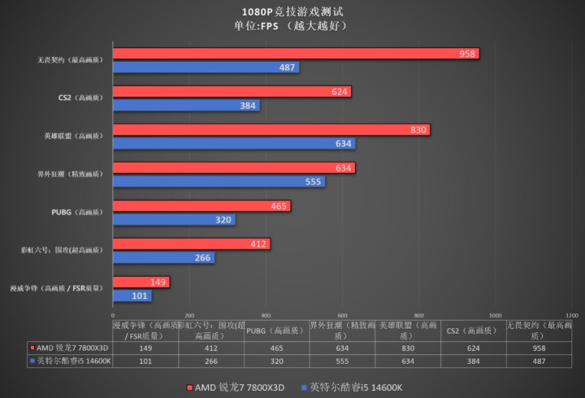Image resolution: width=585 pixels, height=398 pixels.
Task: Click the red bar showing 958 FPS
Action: tap(296, 54)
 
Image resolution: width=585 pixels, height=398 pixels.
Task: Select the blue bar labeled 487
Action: tap(206, 67)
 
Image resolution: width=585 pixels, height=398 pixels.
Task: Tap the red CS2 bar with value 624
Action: tap(232, 92)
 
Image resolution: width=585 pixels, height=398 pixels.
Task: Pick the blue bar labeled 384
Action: tap(186, 106)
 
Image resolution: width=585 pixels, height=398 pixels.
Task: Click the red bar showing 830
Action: tap(271, 130)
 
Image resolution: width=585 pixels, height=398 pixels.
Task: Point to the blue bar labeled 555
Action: tap(219, 182)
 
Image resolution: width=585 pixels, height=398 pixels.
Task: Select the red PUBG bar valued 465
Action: tap(201, 206)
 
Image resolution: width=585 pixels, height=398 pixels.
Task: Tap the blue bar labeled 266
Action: tap(163, 258)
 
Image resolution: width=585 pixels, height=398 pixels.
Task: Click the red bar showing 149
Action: tap(141, 282)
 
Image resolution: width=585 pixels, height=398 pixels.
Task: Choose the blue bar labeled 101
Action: tap(132, 296)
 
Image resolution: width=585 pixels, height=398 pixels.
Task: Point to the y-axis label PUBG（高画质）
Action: tap(77, 212)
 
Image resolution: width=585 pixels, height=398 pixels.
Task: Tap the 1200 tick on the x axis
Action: tap(571, 314)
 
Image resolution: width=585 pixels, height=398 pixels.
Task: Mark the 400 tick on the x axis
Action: tap(266, 314)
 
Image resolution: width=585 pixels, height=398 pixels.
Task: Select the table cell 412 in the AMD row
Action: tap(210, 347)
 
